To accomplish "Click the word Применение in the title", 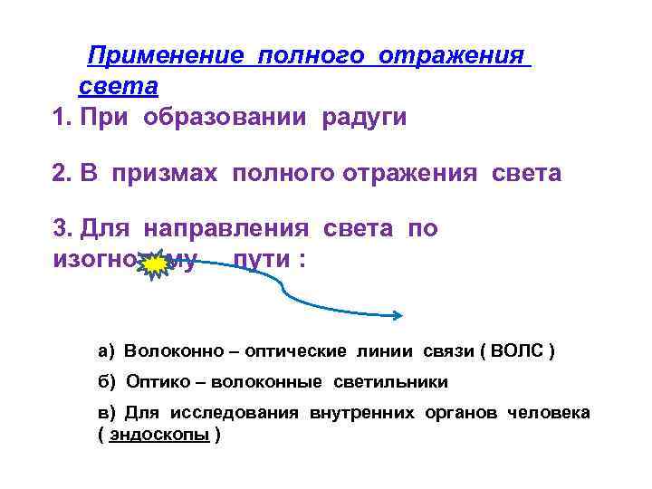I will (165, 56).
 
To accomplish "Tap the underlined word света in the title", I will (119, 87).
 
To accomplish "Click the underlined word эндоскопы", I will (158, 434).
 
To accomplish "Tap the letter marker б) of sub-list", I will (107, 381).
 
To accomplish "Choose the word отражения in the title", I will (452, 56).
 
